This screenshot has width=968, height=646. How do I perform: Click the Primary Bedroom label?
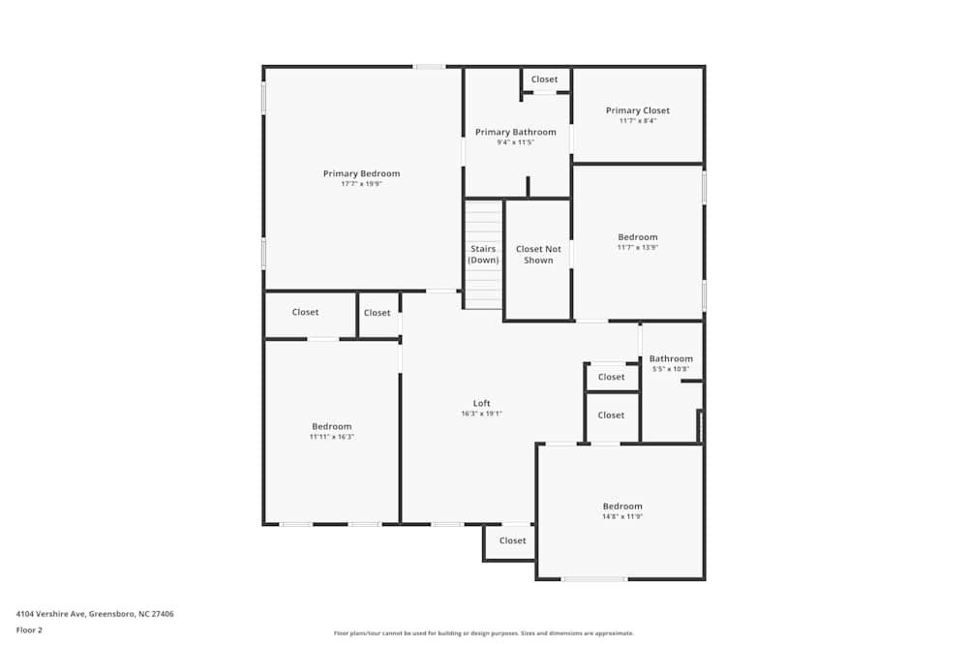[x=362, y=173]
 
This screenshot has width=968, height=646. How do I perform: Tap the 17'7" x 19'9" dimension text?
[x=362, y=184]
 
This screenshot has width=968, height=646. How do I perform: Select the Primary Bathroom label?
[x=516, y=132]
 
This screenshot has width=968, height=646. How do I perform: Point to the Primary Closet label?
[x=638, y=110]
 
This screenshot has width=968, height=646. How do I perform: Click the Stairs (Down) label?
[x=483, y=255]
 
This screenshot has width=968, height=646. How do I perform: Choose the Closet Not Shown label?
[x=538, y=255]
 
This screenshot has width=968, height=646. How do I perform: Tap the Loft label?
[x=481, y=403]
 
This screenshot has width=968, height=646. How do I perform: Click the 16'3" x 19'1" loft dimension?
[x=481, y=414]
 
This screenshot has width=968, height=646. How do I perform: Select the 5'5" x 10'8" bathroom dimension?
[x=671, y=369]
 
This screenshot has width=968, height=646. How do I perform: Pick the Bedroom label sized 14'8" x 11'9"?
[x=622, y=507]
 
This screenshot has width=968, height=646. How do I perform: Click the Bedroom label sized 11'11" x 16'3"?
[x=331, y=427]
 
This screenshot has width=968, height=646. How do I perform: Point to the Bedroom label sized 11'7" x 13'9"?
[x=638, y=237]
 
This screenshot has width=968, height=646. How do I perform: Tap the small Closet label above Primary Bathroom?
[x=544, y=79]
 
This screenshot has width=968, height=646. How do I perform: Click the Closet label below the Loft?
[x=512, y=541]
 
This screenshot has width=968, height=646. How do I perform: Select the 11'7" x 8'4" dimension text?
[x=638, y=121]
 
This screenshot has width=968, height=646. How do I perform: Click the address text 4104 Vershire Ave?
[x=50, y=614]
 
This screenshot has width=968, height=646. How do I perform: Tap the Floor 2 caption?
[x=29, y=630]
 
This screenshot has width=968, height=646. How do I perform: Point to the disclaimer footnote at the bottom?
[x=483, y=633]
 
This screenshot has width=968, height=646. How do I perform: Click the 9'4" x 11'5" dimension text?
[x=516, y=142]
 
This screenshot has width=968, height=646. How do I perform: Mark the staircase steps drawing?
[x=483, y=255]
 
